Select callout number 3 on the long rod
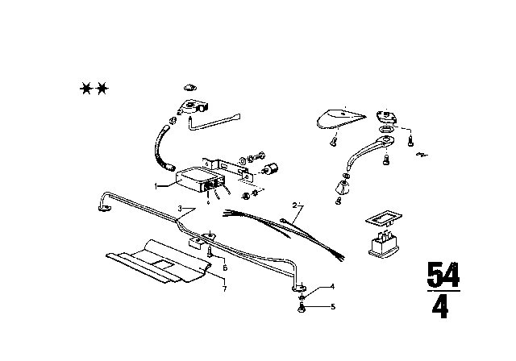coord(180,209)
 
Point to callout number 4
coord(330,288)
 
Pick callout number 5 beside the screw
coord(330,307)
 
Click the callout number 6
coord(224,268)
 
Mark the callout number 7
coord(224,288)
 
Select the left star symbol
coord(85,88)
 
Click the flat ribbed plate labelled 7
coord(157,262)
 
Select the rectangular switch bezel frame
coord(385,220)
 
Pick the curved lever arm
coord(367,153)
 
